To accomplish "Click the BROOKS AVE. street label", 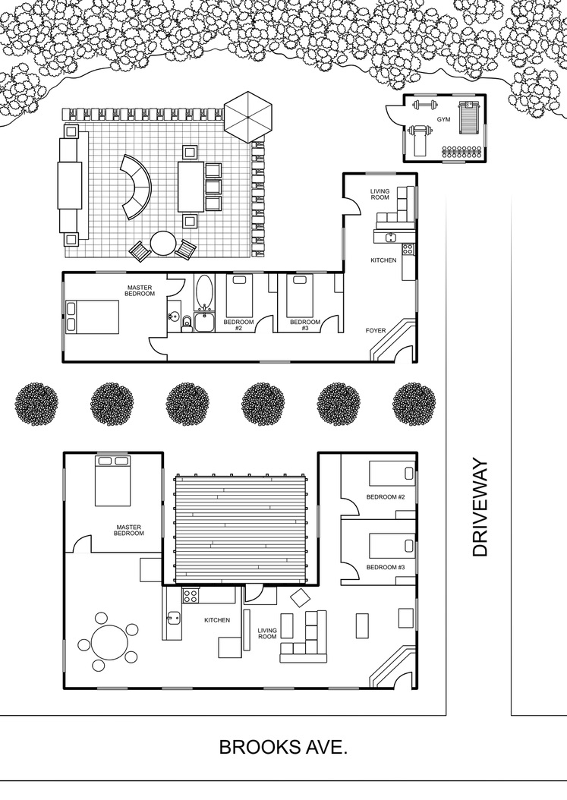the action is pos(283,748).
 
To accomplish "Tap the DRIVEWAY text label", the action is pos(480,509).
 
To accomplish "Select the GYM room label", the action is pos(443,119).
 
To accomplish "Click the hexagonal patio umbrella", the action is pos(248,117).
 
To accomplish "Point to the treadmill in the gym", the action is pos(468,118).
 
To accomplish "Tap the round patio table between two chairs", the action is pos(163,244).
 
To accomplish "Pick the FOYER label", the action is pos(376,331).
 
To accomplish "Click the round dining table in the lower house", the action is pos(109,641).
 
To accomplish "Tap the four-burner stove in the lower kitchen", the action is pos(191,595).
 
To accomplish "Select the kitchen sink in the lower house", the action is pos(172,618).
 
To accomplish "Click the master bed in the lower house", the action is pos(114,480).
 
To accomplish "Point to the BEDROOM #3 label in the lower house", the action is pos(386,567).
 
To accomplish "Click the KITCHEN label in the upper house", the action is pos(383,260).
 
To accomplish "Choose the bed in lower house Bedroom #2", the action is pos(392,474).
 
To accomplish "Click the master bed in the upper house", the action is pos(92,317).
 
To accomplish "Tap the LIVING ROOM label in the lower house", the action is pos(267,633).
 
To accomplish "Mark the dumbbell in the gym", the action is pos(425,106).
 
